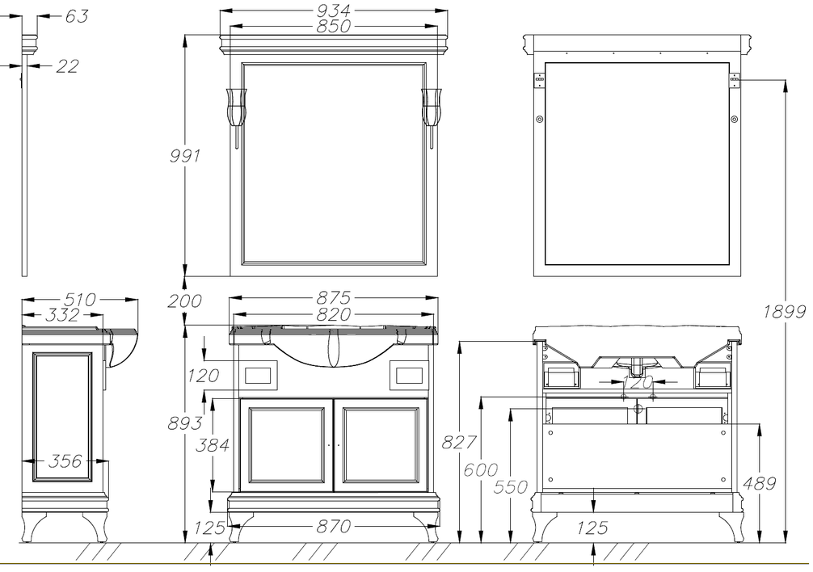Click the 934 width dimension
333,10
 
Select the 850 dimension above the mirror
334,26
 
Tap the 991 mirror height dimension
185,155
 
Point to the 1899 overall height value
784,311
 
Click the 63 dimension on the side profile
77,16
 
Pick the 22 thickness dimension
67,65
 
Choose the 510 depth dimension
80,300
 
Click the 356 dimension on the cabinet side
65,461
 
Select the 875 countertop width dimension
334,298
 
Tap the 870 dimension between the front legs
334,527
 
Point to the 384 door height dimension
212,444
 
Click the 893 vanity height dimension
184,423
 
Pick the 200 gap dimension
184,301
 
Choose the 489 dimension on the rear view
760,483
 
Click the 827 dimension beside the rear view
459,442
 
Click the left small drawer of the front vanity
261,375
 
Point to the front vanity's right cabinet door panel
381,445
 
